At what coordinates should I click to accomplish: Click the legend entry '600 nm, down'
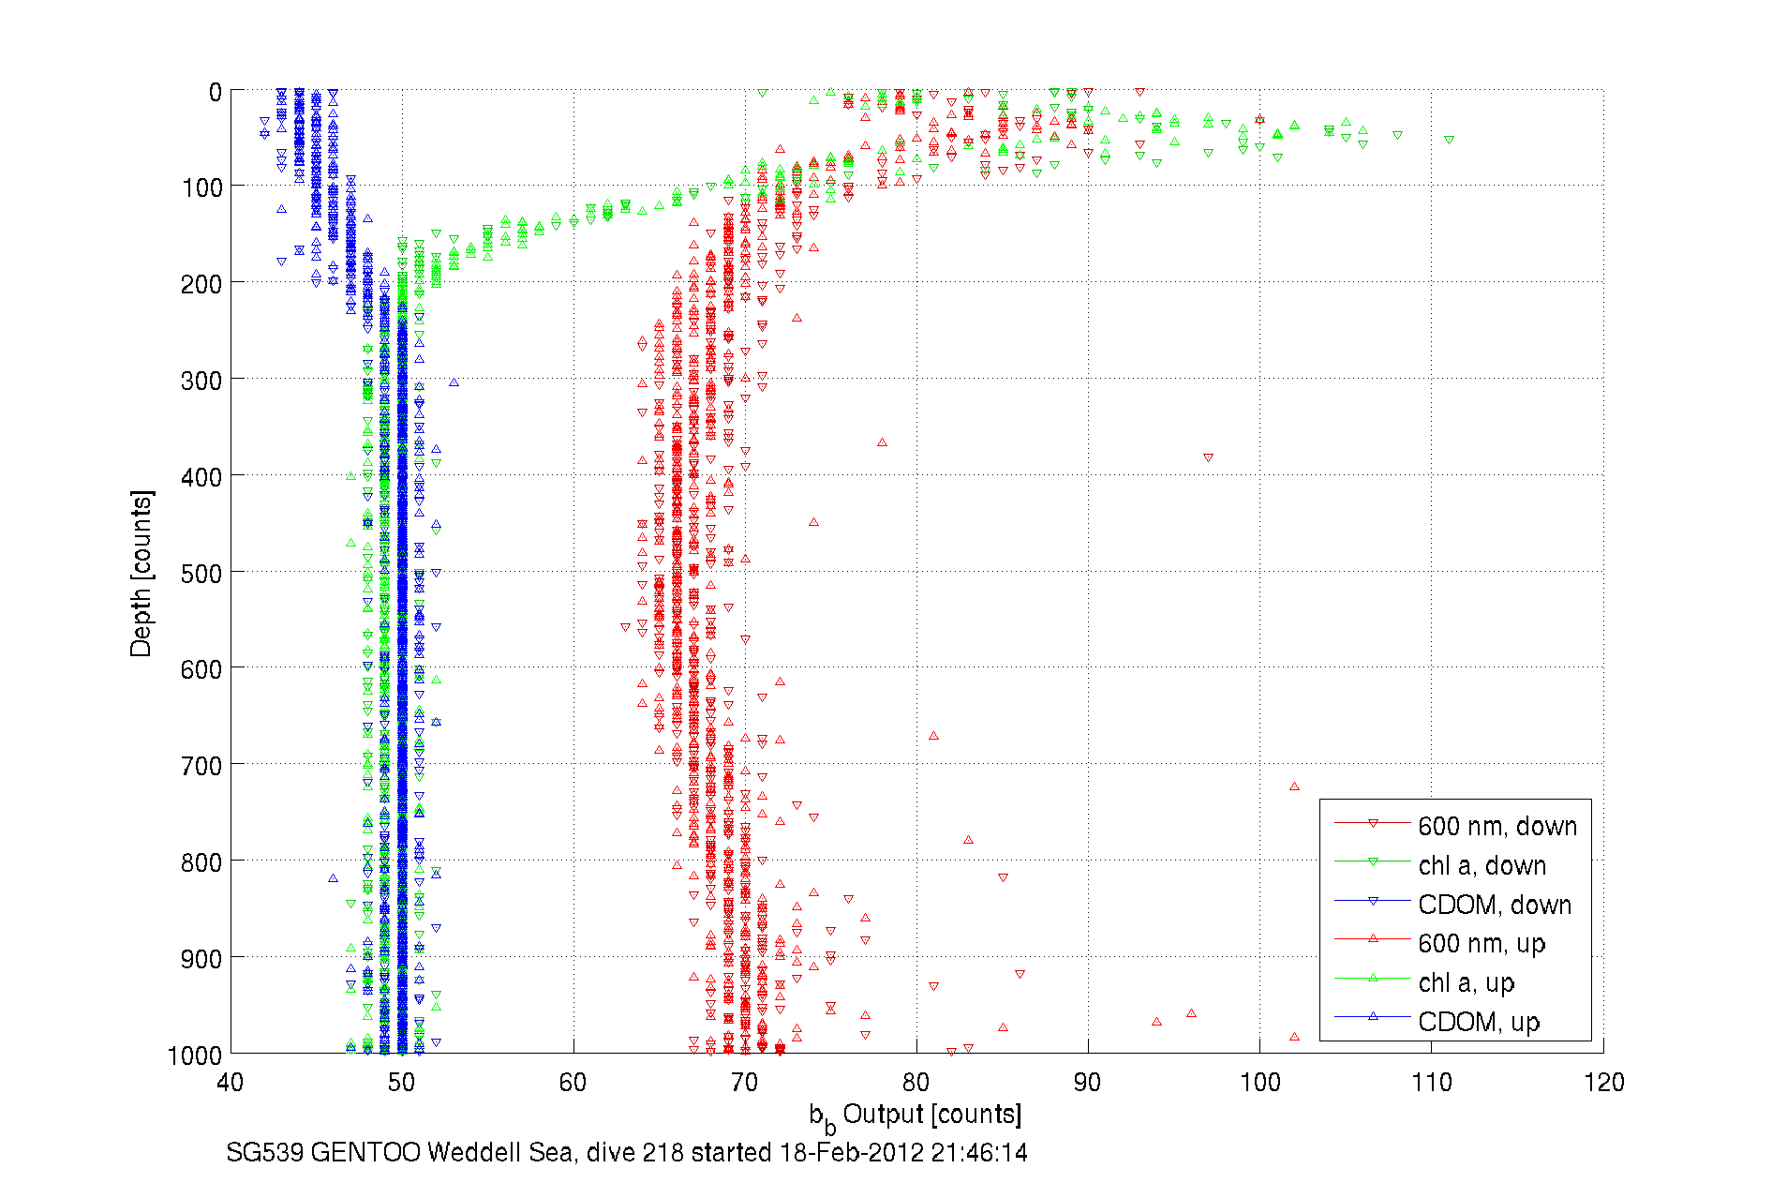pyautogui.click(x=1497, y=826)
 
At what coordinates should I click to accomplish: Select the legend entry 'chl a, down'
pyautogui.click(x=1482, y=865)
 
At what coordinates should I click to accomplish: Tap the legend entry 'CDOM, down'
pyautogui.click(x=1494, y=905)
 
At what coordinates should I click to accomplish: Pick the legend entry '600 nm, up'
pyautogui.click(x=1481, y=943)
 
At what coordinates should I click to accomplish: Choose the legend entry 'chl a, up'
pyautogui.click(x=1466, y=982)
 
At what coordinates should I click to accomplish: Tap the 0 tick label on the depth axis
pyautogui.click(x=215, y=92)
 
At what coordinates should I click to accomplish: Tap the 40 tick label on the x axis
pyautogui.click(x=231, y=1083)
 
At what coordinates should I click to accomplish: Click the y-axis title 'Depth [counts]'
pyautogui.click(x=141, y=573)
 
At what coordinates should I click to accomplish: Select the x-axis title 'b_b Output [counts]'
pyautogui.click(x=916, y=1116)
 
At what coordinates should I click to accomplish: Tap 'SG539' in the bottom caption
pyautogui.click(x=264, y=1152)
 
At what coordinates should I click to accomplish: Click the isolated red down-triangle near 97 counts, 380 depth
pyautogui.click(x=1208, y=457)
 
